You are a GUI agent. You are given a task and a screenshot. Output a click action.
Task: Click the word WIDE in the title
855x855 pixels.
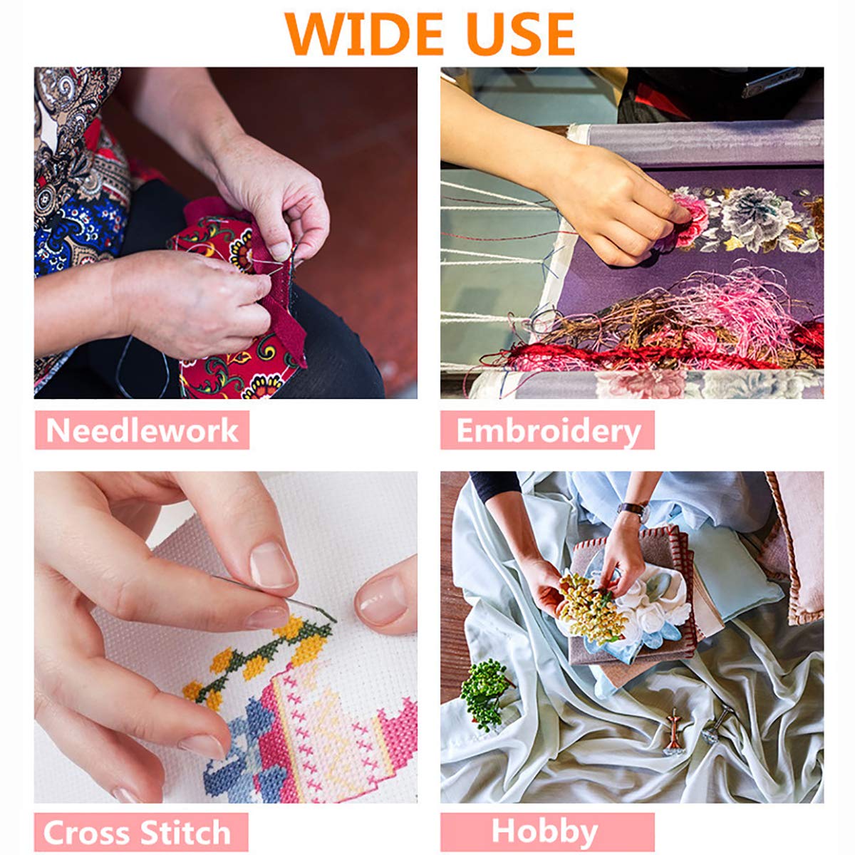pos(363,35)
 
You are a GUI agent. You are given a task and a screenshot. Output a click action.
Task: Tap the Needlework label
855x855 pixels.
pos(142,430)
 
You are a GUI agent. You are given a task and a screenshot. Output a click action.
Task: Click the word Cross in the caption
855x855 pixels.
pos(87,820)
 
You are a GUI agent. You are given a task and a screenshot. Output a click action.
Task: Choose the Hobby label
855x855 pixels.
pos(545,820)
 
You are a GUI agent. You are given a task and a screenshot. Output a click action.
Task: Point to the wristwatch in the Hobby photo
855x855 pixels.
pos(634,510)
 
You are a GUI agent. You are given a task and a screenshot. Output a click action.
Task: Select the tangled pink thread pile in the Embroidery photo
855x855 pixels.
pos(727,311)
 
